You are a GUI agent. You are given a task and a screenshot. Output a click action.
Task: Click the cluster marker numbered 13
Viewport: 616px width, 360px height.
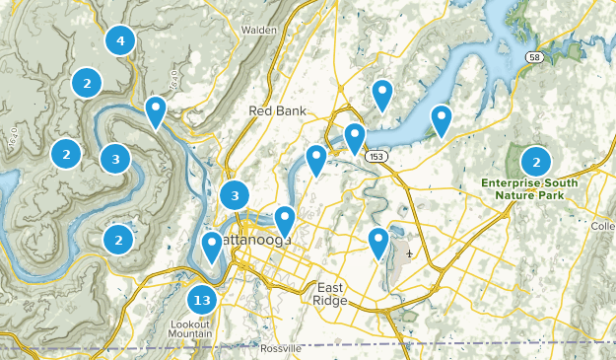tap(202, 300)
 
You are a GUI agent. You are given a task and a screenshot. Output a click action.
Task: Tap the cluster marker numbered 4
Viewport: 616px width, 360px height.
tap(120, 40)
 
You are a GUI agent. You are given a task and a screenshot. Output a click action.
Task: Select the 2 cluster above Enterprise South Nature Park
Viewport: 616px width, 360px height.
tap(536, 162)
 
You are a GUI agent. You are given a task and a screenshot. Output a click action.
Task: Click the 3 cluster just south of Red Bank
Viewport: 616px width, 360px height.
tap(235, 196)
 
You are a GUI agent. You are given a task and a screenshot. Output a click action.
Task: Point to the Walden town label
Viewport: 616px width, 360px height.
tap(258, 31)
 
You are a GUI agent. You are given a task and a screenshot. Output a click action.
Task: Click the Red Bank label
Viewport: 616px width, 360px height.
tap(273, 110)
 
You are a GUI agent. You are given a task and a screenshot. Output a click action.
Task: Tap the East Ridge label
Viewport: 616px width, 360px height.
tap(328, 293)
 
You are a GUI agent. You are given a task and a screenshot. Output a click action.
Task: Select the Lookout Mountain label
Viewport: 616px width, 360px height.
tap(190, 329)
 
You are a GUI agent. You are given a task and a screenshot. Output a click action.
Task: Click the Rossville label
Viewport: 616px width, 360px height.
tap(282, 349)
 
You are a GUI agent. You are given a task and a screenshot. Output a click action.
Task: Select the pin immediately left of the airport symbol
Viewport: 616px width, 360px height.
tap(378, 242)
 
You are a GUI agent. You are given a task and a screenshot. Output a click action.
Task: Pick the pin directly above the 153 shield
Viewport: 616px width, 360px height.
tap(355, 137)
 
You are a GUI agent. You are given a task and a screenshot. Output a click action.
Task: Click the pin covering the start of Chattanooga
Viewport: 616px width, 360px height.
tap(211, 247)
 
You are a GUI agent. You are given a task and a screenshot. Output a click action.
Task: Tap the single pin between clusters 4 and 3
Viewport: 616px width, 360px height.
tap(156, 111)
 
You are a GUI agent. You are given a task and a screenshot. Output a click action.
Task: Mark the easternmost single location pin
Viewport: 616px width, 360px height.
tap(442, 120)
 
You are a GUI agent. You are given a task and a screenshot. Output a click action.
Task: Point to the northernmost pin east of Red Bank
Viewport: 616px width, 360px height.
tap(382, 95)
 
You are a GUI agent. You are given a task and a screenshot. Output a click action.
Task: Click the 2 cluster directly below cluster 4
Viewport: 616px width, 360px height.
tap(87, 84)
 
